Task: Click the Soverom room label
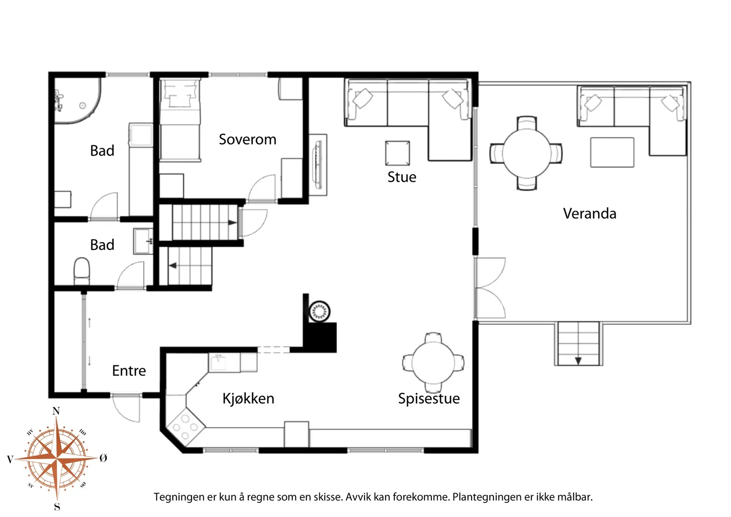(247, 140)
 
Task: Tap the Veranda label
(589, 214)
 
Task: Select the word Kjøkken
(248, 399)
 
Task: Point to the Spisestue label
(429, 399)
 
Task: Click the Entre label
(129, 371)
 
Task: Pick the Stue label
(402, 177)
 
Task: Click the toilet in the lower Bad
(82, 271)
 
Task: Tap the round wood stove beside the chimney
(319, 311)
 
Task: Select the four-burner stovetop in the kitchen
(185, 427)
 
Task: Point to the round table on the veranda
(526, 153)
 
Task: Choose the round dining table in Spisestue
(433, 363)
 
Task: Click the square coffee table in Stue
(397, 153)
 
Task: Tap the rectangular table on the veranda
(612, 153)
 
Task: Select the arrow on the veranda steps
(578, 361)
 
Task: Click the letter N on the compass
(56, 411)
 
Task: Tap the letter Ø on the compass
(103, 458)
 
